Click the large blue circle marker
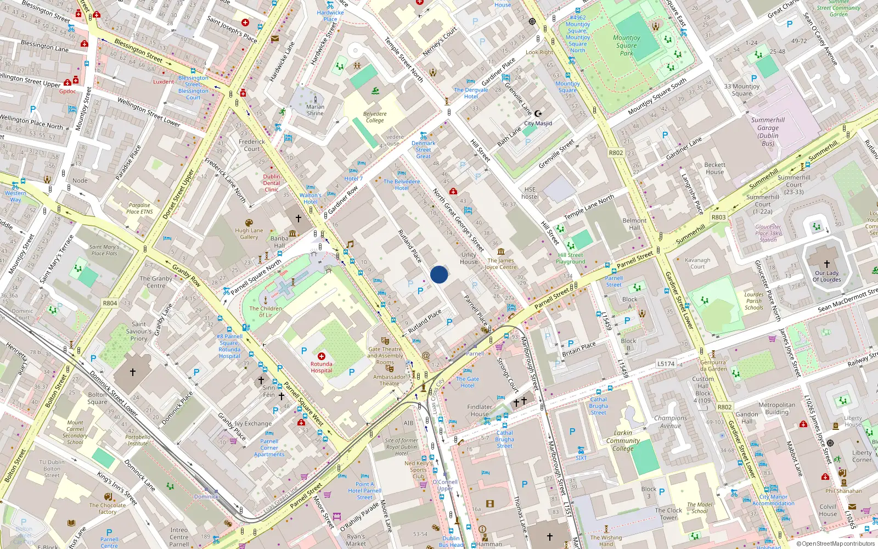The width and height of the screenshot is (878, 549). (439, 274)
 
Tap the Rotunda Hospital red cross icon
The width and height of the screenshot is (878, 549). (322, 356)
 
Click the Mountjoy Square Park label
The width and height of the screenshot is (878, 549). (627, 46)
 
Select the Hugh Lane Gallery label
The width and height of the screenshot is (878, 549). (249, 234)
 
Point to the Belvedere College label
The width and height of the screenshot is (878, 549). (375, 117)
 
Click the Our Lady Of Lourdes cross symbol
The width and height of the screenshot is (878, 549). (826, 264)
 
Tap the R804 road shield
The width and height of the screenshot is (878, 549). (110, 303)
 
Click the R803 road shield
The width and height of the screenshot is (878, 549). (718, 217)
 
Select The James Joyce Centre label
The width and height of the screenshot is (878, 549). (500, 264)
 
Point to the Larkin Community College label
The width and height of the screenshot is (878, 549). (623, 441)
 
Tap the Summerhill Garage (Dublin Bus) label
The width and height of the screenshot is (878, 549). (768, 132)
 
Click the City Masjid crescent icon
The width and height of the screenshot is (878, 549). (538, 114)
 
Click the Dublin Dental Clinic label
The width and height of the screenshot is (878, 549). (272, 183)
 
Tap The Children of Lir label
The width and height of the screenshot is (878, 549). (266, 311)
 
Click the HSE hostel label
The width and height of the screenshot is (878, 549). (530, 193)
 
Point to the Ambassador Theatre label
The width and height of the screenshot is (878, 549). (389, 380)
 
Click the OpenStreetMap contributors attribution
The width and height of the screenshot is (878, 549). (835, 544)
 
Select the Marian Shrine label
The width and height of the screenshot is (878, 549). (315, 110)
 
